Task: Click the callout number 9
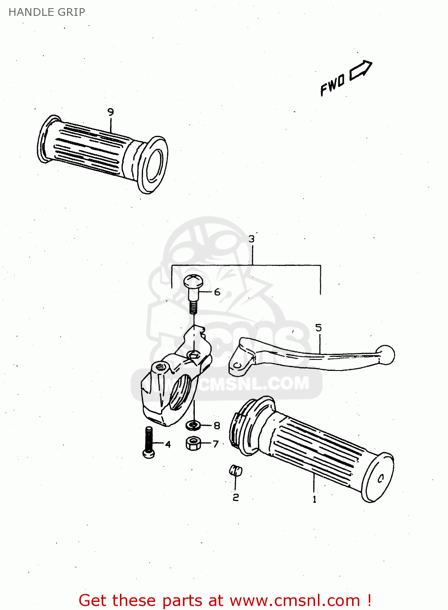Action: [x=111, y=112]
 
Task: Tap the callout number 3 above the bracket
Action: [x=252, y=239]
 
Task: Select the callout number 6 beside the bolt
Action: [x=217, y=292]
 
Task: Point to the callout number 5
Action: [x=318, y=328]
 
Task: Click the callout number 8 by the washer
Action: [x=217, y=425]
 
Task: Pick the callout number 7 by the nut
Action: [x=216, y=444]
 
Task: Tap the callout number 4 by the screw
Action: [x=168, y=444]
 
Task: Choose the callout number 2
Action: [x=236, y=497]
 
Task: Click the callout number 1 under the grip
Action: [x=314, y=499]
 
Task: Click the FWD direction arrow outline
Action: [x=361, y=70]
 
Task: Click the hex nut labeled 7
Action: [x=193, y=443]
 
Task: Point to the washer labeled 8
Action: [x=194, y=425]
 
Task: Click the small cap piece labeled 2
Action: [x=235, y=471]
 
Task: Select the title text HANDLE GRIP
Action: [x=47, y=12]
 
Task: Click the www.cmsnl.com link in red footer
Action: [x=295, y=600]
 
